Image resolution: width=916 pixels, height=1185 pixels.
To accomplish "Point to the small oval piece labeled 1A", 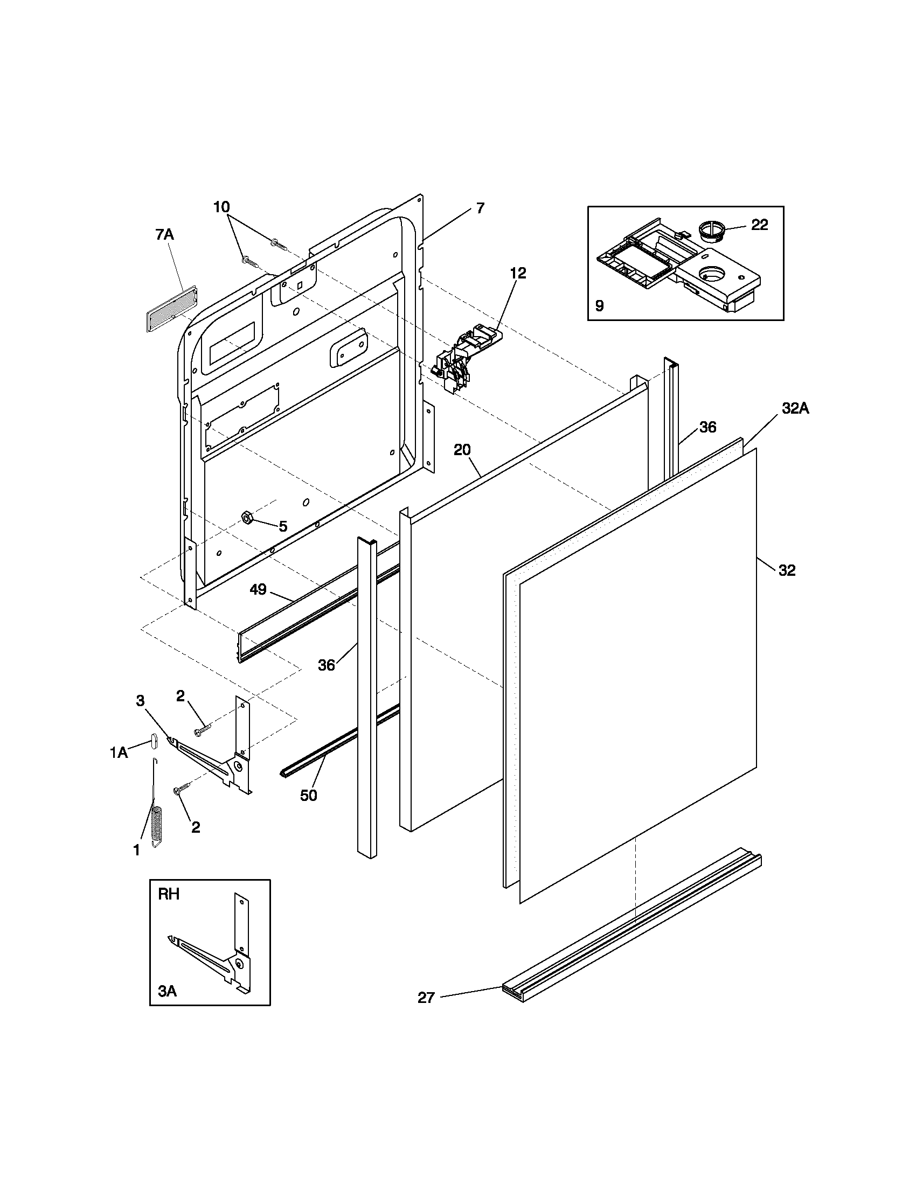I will tap(153, 740).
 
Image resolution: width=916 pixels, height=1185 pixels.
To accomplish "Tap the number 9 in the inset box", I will tap(599, 306).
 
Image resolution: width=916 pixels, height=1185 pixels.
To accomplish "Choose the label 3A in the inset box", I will tap(167, 991).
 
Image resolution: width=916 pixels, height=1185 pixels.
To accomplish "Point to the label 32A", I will tap(795, 409).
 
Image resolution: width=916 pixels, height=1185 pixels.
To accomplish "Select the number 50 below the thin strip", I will tap(308, 796).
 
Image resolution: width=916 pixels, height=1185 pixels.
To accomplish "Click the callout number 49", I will tap(258, 589).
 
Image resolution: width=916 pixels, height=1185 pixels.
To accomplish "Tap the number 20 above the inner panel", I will tap(462, 450).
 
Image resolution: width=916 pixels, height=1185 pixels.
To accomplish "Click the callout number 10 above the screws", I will tap(221, 207).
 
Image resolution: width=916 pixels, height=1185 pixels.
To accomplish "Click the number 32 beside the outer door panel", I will tap(787, 570).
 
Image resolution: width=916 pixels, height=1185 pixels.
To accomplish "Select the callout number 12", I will tap(518, 274).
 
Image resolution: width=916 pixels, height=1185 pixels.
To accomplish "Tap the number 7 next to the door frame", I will tap(480, 208).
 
